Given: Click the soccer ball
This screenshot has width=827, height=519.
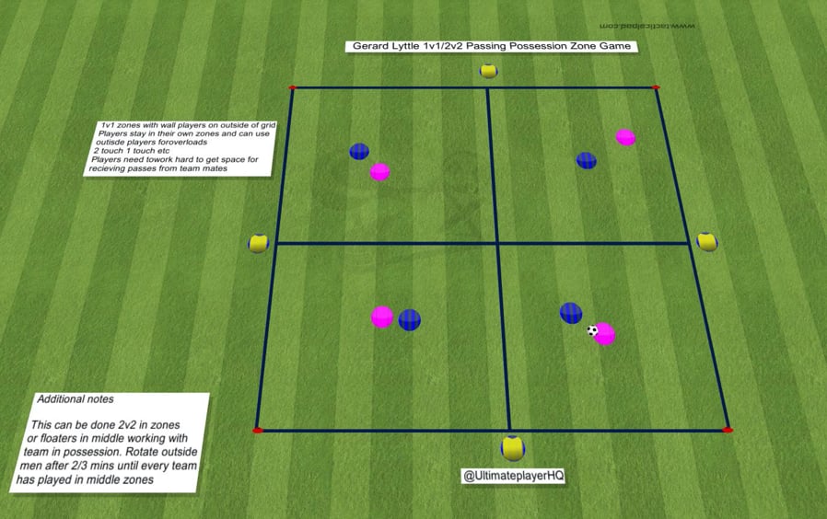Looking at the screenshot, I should (592, 330).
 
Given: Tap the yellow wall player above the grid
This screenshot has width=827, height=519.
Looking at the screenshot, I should (489, 71).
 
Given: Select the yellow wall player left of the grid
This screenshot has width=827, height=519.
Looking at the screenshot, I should (258, 244).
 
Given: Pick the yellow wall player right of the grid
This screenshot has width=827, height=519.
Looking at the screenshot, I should (706, 241).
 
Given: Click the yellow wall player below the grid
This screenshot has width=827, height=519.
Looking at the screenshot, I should (513, 448).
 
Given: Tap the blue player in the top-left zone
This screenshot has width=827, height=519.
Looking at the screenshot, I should (359, 152).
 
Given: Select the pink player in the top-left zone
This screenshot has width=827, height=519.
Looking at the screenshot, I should (379, 171).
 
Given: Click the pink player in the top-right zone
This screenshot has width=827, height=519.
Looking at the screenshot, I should (626, 137).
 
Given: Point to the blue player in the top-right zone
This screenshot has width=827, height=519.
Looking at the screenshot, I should (587, 160).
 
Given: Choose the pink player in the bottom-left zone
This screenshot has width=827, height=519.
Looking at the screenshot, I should (382, 317).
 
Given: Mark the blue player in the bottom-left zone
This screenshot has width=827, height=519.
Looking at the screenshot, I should (409, 320).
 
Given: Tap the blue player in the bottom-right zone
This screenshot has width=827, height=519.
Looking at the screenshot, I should (571, 313).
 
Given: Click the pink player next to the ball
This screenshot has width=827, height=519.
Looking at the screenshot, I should (605, 334).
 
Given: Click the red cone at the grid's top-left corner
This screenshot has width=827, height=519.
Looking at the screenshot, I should (293, 88).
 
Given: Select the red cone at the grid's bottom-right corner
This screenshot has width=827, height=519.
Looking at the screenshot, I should (727, 430).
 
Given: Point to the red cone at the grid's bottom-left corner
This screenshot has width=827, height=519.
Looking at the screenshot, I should (258, 430).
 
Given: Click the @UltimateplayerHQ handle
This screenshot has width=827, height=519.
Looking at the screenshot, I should (511, 476).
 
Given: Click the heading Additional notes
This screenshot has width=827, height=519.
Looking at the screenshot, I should (76, 399).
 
